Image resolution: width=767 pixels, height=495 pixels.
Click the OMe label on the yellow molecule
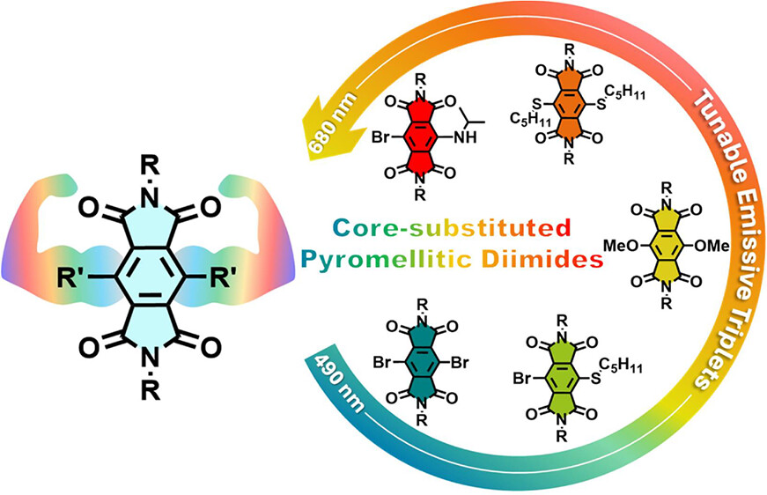point(712,245)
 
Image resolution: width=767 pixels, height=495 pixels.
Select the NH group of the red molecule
point(465,137)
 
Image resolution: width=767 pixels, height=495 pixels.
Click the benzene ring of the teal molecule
point(421,363)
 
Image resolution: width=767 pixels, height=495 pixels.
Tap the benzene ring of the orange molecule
point(568,105)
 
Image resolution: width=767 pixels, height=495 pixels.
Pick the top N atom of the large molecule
point(149,197)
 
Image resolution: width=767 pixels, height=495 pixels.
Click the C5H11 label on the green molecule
point(620,366)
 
